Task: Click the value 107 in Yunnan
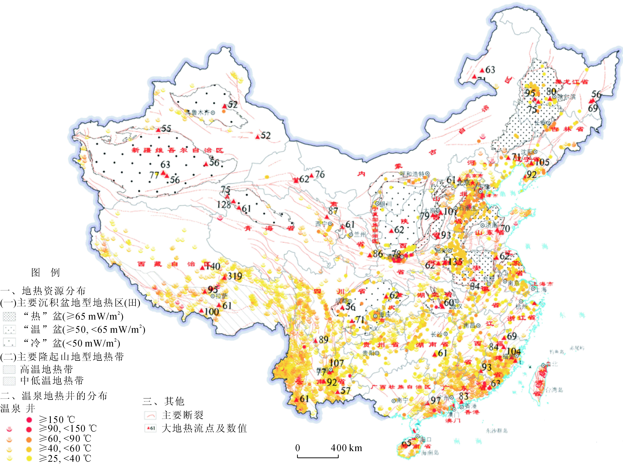click(x=337, y=363)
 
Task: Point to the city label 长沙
click(x=436, y=334)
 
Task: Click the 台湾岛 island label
click(x=554, y=390)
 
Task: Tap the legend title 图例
click(x=45, y=272)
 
